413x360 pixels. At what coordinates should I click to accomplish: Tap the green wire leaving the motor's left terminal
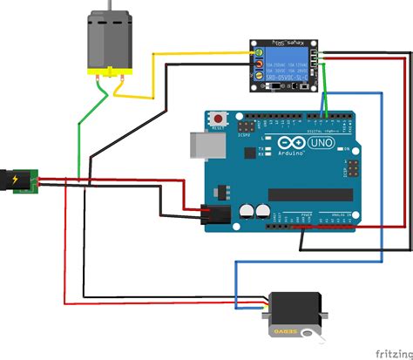[x=80, y=139]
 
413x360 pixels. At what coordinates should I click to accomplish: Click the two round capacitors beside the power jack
[x=254, y=210]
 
